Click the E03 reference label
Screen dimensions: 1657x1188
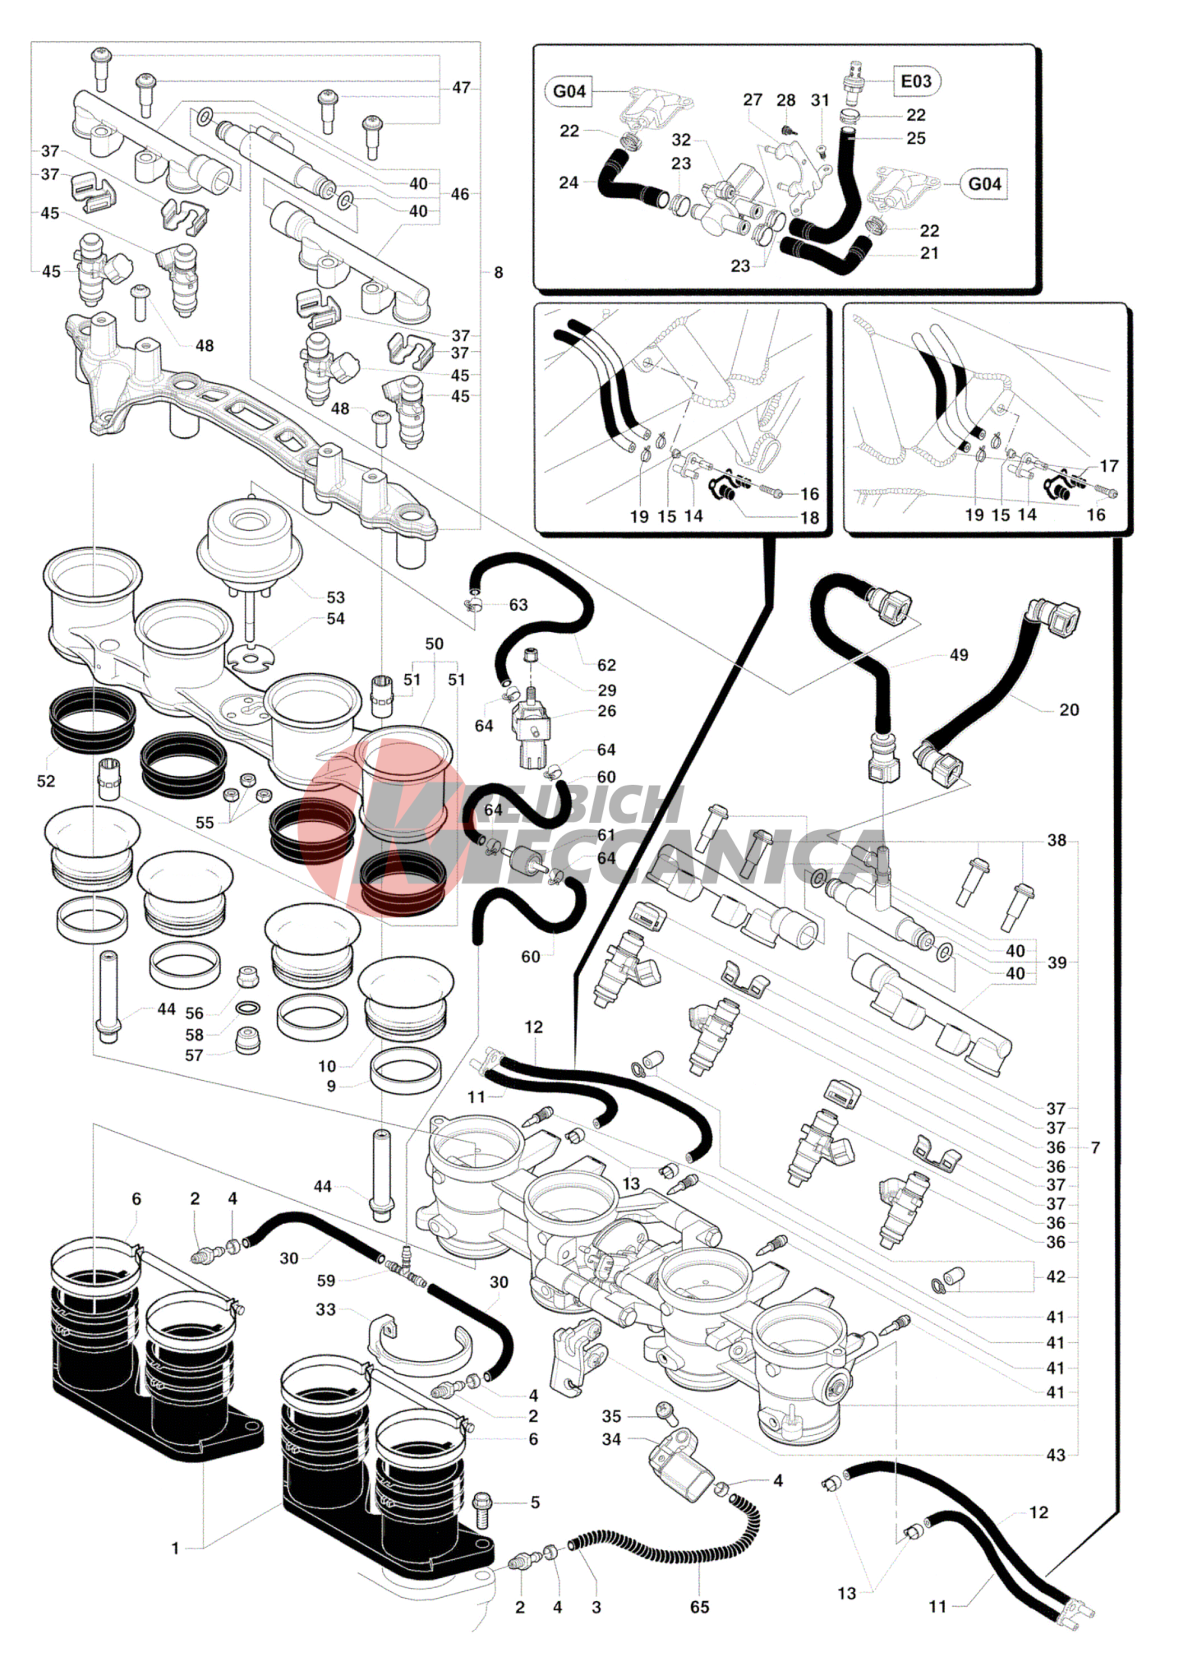[916, 81]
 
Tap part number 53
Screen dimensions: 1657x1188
[335, 598]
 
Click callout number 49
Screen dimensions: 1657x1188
[959, 655]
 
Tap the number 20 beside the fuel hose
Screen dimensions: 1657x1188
[1069, 709]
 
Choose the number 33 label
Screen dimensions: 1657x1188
[326, 1309]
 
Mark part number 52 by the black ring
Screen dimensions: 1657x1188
[46, 781]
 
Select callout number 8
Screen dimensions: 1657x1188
[498, 272]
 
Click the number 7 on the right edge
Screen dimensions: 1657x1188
[1095, 1147]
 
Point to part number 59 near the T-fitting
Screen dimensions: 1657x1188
[326, 1280]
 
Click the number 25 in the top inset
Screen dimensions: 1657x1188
[916, 138]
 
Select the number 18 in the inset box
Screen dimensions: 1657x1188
[810, 518]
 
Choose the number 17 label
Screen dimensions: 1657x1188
[1109, 466]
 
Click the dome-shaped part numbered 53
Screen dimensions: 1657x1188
[246, 530]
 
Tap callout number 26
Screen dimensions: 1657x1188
[606, 711]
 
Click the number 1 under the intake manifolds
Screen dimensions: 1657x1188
[175, 1548]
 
